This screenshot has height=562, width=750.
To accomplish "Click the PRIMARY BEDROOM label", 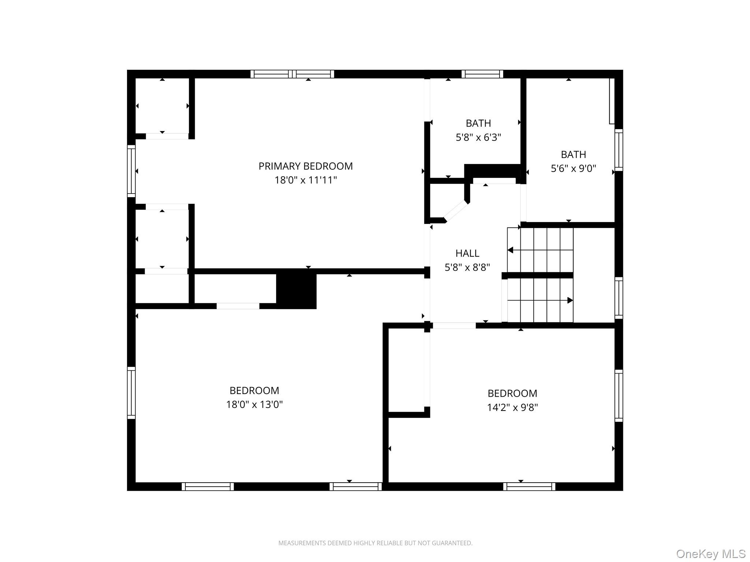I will click(305, 166).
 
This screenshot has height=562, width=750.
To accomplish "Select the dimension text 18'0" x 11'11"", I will click(305, 180).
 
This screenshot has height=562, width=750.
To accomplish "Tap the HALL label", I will click(467, 253).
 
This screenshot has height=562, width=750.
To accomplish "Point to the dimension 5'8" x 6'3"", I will click(478, 137).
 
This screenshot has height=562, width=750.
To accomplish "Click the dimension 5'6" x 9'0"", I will click(573, 168).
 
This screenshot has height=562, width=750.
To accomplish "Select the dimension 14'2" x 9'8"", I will click(512, 407).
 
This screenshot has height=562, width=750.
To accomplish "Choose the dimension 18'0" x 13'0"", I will click(254, 404).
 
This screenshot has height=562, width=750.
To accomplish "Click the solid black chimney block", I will click(296, 290).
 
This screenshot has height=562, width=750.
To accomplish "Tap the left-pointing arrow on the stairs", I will click(510, 250).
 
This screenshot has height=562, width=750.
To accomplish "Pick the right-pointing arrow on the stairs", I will click(570, 300).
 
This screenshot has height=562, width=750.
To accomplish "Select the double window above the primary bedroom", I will click(292, 74).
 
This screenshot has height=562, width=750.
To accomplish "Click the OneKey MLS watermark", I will click(710, 554).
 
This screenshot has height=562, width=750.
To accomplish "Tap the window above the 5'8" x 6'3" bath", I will click(482, 74).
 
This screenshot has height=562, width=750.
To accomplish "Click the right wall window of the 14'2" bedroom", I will click(619, 396).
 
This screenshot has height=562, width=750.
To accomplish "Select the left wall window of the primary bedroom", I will click(131, 171).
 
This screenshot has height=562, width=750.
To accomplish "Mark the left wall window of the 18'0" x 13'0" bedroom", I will click(131, 393).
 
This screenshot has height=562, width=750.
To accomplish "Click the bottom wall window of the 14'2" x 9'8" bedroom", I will click(529, 486).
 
